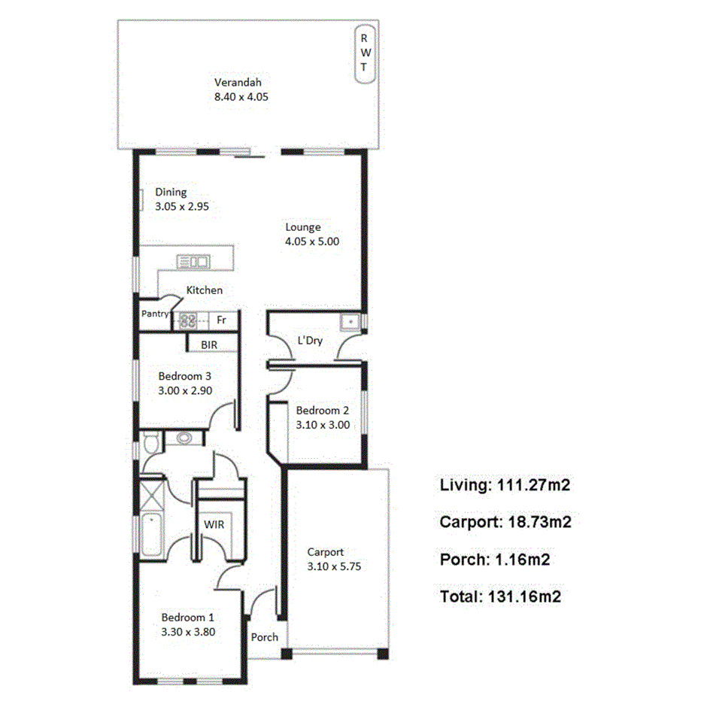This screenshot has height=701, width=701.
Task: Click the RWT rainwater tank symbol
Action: (364, 55)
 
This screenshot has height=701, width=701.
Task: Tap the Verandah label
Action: (238, 83)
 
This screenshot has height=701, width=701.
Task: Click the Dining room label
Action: (171, 192)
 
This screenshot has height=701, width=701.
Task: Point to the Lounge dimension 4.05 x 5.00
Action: (312, 241)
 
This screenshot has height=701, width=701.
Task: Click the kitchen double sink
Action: (193, 262)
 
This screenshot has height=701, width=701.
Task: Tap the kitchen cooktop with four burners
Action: (188, 320)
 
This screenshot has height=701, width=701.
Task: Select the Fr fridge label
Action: (222, 320)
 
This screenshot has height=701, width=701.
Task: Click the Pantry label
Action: (155, 314)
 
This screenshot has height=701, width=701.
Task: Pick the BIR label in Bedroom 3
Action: (209, 344)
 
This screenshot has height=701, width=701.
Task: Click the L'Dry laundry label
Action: (310, 341)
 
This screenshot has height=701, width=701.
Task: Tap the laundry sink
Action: (350, 323)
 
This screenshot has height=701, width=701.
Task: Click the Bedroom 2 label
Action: (322, 411)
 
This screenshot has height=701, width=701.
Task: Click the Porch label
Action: (264, 637)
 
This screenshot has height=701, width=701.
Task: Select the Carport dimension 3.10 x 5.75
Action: (334, 566)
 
